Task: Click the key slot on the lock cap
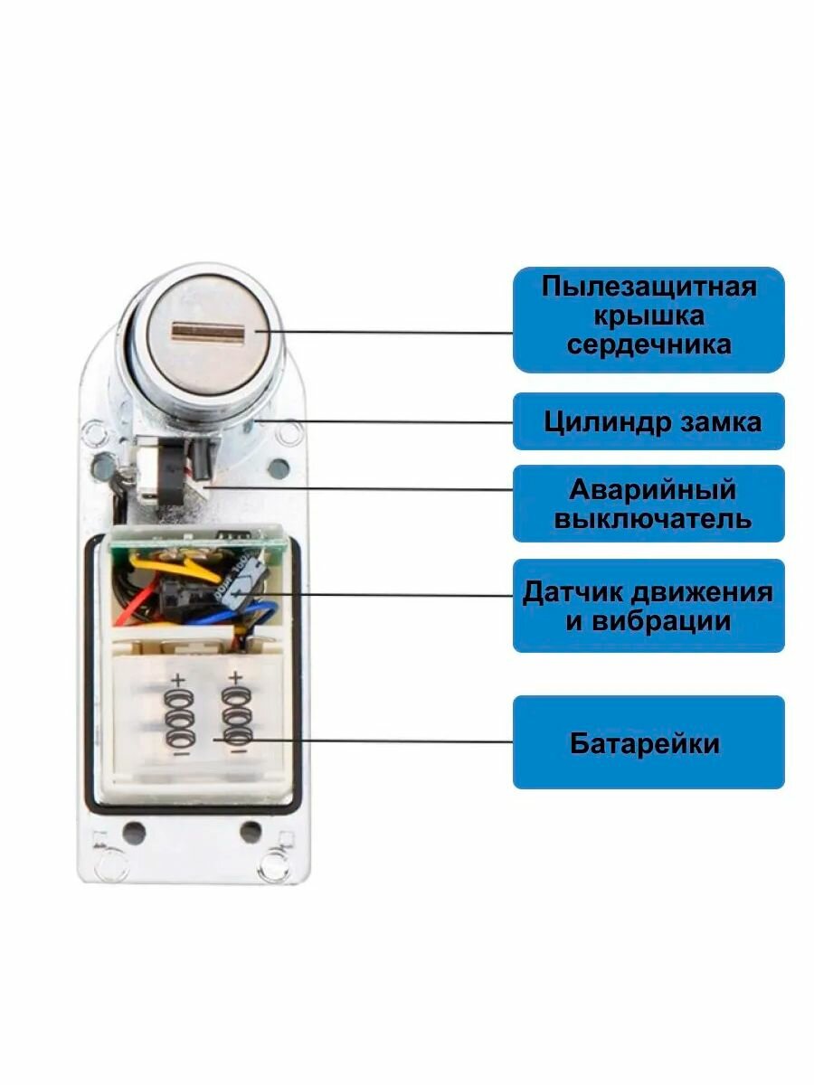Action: coord(208,333)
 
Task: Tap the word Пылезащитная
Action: coord(648,288)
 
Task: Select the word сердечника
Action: coord(648,345)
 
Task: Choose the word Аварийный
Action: coord(652,491)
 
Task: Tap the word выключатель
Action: coord(652,520)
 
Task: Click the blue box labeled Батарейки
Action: coord(648,743)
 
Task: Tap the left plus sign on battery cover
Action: coord(178,679)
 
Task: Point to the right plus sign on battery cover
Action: coord(236,677)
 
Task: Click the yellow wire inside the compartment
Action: coord(181,568)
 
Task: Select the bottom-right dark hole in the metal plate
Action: coord(251,829)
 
